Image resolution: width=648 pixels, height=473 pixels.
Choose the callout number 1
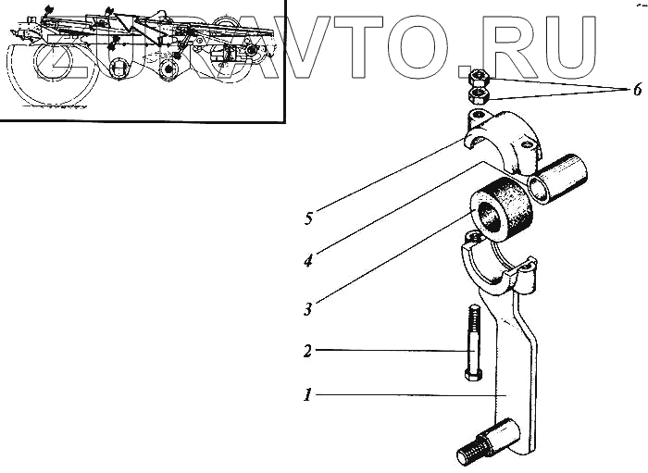click(307, 395)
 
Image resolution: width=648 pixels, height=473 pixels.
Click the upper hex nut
click(480, 77)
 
